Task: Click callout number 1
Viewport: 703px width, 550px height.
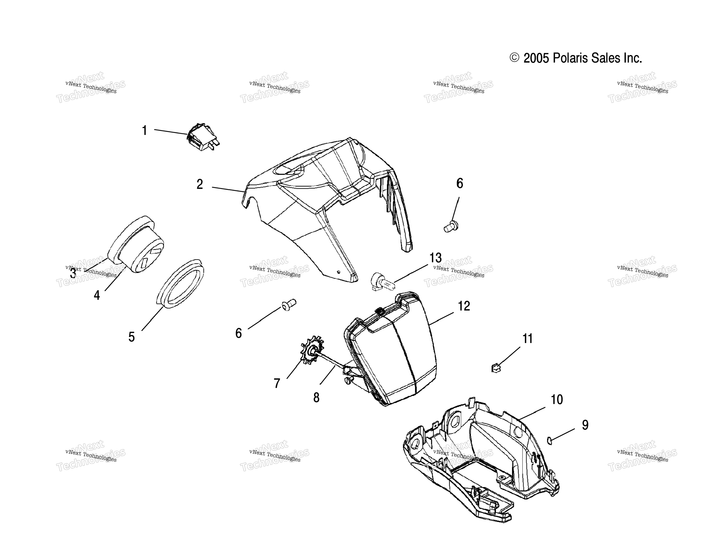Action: [x=144, y=131]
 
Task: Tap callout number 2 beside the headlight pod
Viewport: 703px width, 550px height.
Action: [x=200, y=185]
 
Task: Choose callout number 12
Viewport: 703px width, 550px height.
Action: [x=464, y=306]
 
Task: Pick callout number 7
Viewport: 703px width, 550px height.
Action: [x=277, y=383]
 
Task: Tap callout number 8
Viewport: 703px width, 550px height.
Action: [x=316, y=398]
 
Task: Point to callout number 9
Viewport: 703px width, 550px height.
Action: [x=585, y=425]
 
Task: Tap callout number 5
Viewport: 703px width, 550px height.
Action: [x=131, y=337]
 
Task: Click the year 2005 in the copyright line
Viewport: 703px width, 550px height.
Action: [x=536, y=58]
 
